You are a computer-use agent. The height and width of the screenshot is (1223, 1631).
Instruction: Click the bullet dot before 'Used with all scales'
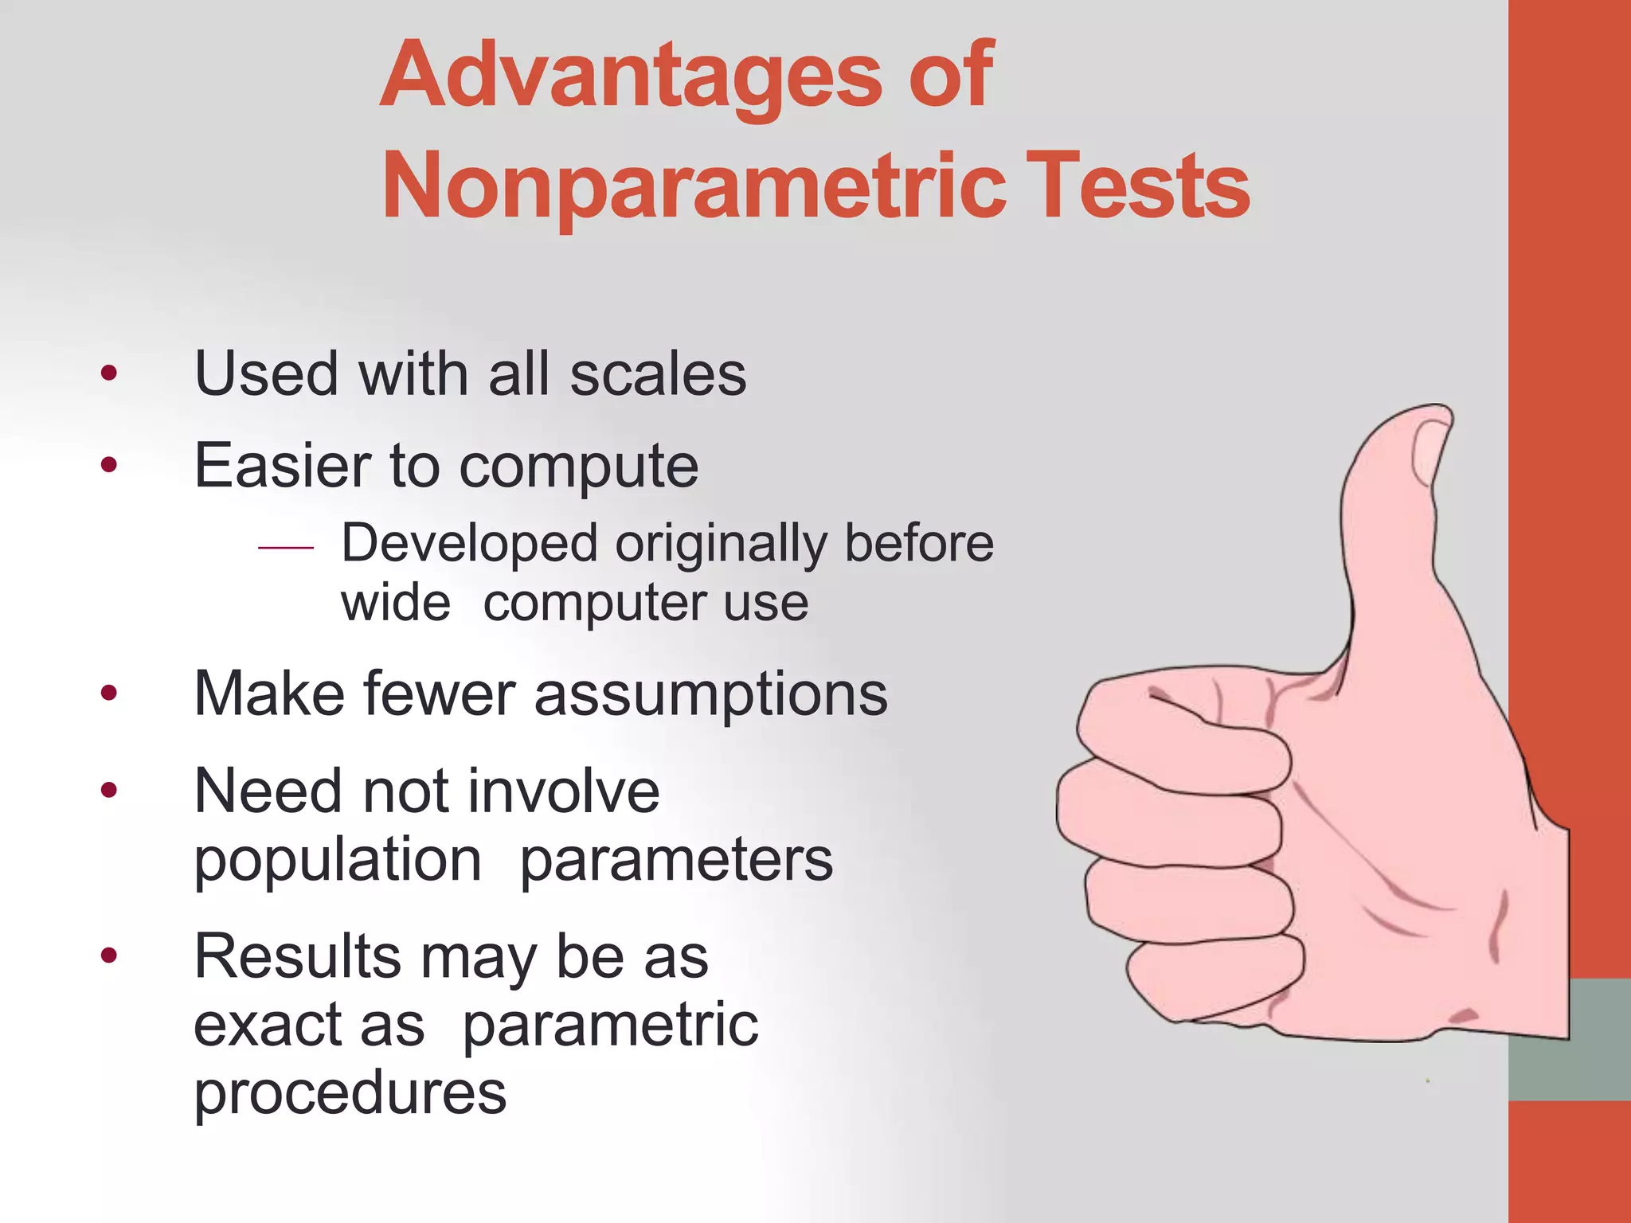(x=109, y=373)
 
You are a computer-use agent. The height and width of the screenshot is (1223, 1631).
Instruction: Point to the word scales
(x=658, y=374)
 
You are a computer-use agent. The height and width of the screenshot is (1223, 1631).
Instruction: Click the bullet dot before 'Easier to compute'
(x=109, y=464)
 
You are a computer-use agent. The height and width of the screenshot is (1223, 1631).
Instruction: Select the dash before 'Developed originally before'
(x=286, y=548)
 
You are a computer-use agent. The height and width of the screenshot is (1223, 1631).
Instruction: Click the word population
(x=338, y=862)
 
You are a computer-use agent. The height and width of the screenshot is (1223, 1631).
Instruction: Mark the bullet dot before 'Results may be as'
(x=109, y=955)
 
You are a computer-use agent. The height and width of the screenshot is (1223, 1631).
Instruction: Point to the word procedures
(x=350, y=1093)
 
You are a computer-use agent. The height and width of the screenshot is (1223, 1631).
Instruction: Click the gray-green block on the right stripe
(x=1569, y=1039)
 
